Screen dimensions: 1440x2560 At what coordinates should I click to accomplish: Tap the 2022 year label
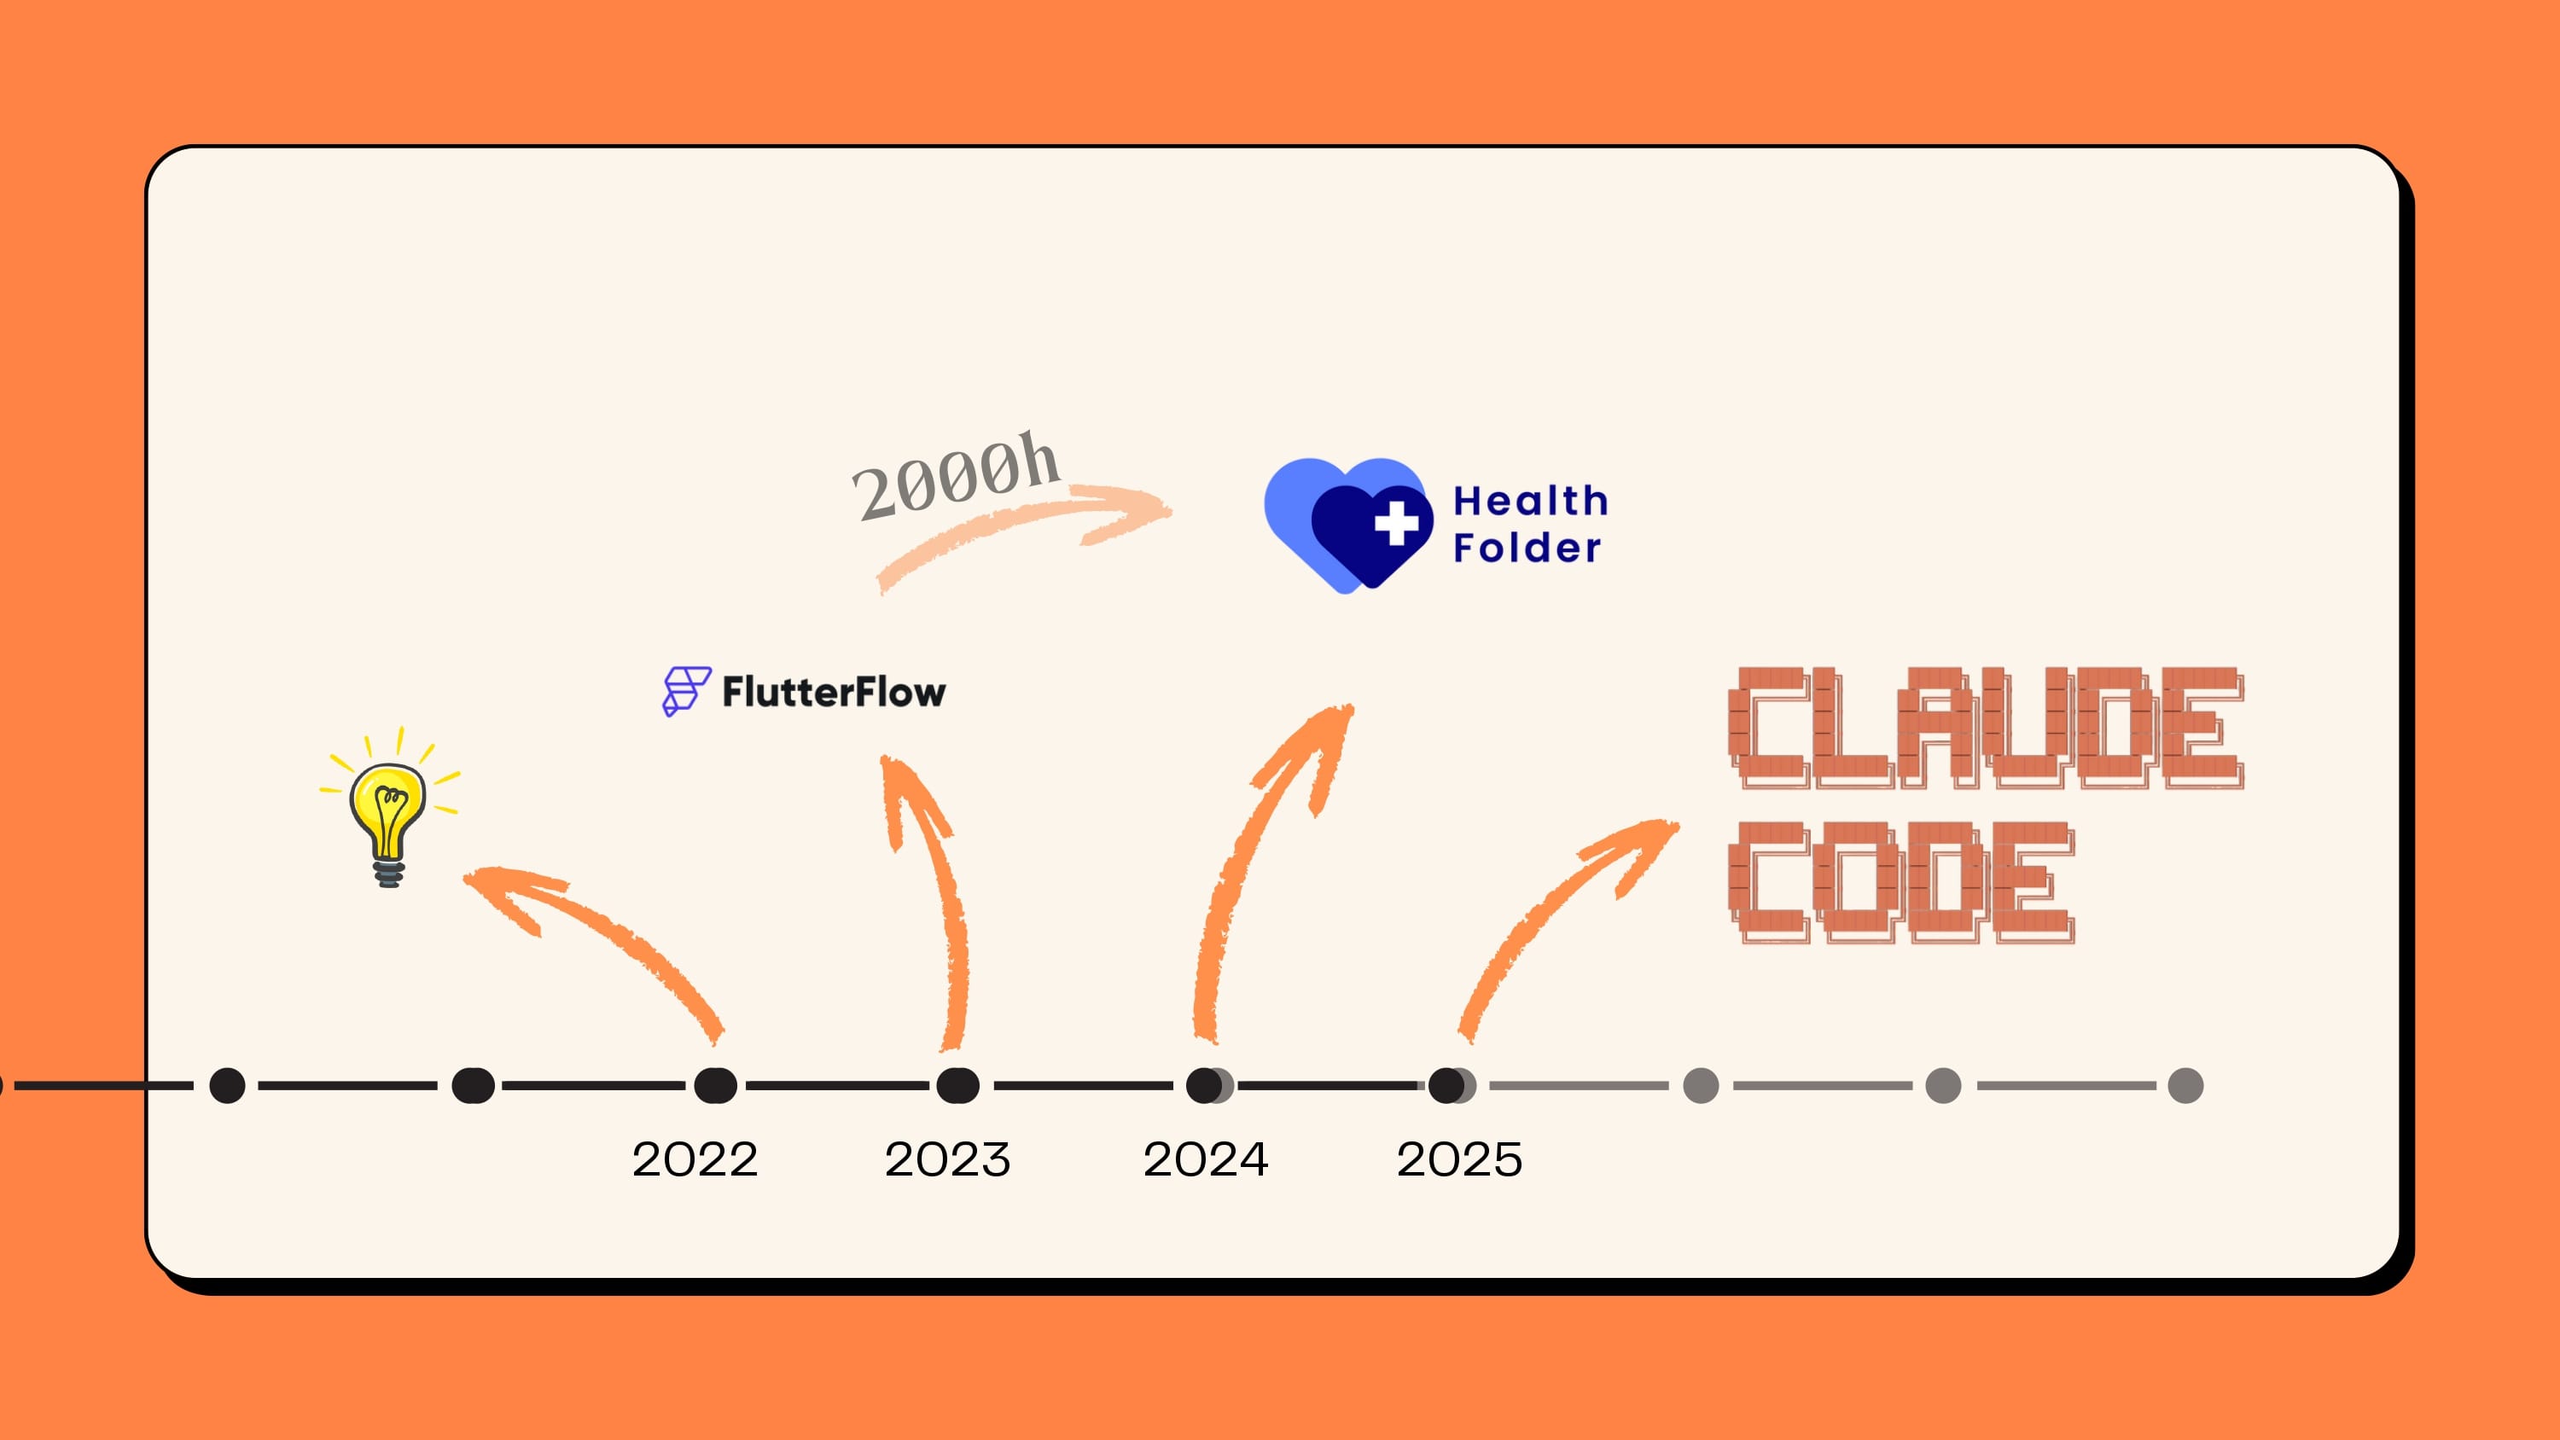pyautogui.click(x=695, y=1159)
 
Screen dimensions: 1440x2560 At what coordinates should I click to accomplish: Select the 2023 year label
pyautogui.click(x=947, y=1159)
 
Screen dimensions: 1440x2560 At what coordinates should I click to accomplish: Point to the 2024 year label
pyautogui.click(x=1206, y=1159)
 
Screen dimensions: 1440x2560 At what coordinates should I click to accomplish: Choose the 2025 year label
pyautogui.click(x=1459, y=1159)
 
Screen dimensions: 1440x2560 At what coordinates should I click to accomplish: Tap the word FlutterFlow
pyautogui.click(x=834, y=692)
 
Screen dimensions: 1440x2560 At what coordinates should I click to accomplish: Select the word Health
pyautogui.click(x=1530, y=501)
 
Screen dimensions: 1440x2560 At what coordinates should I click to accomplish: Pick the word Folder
pyautogui.click(x=1527, y=548)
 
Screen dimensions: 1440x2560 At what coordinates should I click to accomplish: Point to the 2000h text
pyautogui.click(x=955, y=476)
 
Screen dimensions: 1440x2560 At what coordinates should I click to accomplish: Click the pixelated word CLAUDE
pyautogui.click(x=1985, y=729)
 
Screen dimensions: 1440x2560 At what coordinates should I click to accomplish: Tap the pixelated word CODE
pyautogui.click(x=1900, y=882)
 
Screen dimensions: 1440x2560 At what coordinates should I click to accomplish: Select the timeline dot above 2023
pyautogui.click(x=958, y=1085)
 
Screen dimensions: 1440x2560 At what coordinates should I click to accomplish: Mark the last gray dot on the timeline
pyautogui.click(x=2185, y=1085)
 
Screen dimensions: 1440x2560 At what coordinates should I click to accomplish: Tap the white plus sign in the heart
pyautogui.click(x=1396, y=522)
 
